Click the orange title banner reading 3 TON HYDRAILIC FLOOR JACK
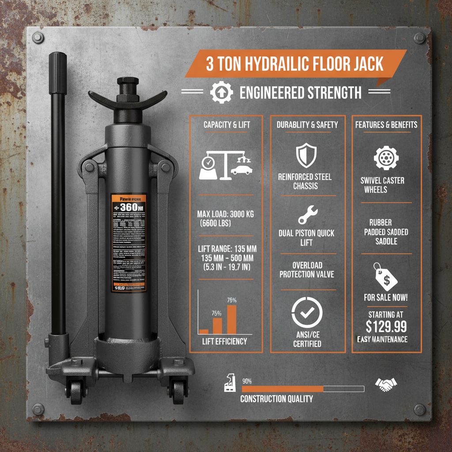point(295,64)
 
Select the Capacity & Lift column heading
point(226,124)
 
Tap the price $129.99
point(386,327)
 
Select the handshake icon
point(386,384)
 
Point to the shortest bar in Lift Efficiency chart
point(203,331)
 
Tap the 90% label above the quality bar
point(247,381)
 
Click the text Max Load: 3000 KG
point(226,214)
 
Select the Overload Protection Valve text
point(307,270)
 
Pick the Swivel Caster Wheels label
point(382,185)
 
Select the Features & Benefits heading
point(386,124)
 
